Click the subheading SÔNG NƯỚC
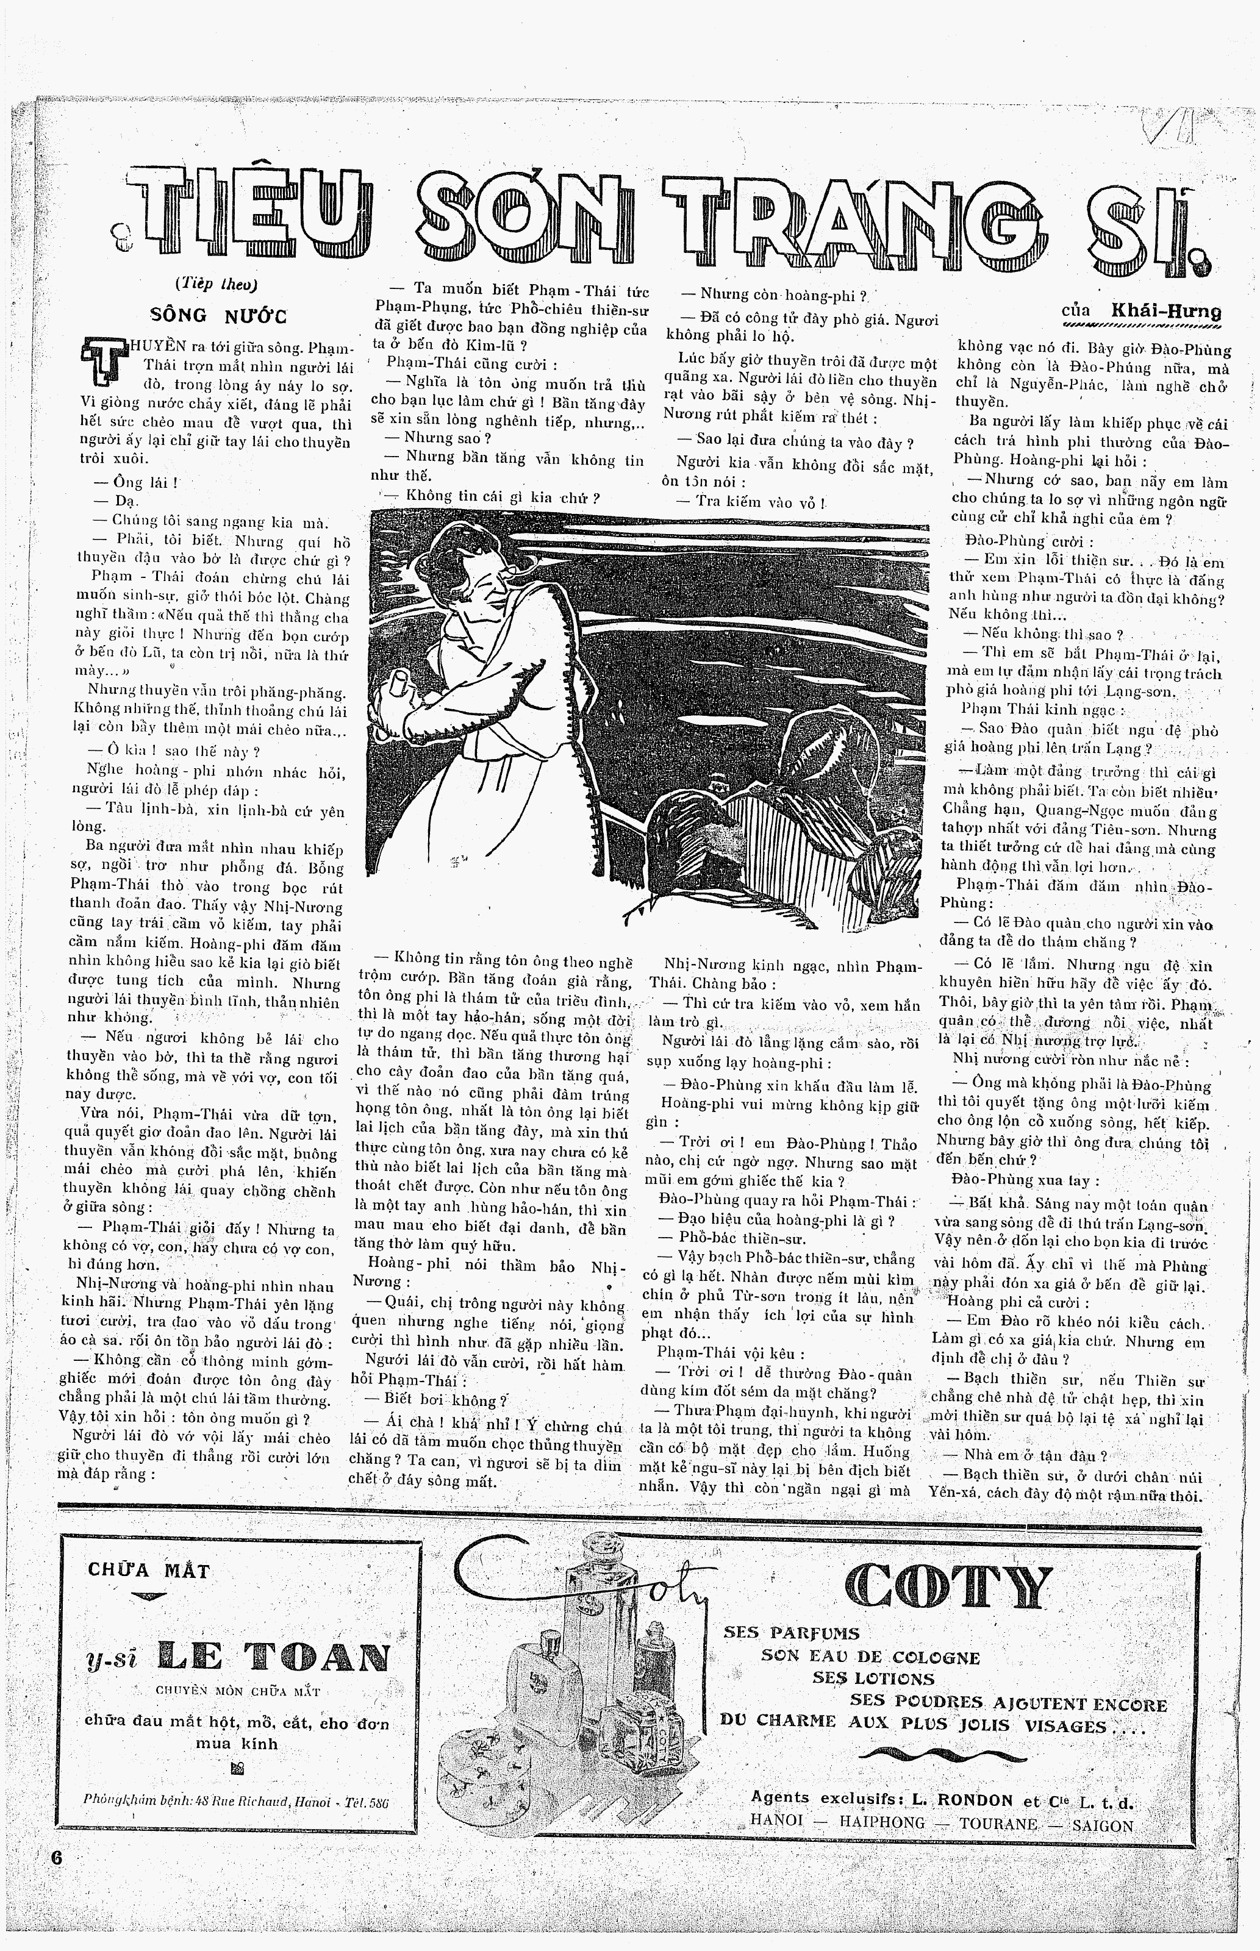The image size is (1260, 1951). click(220, 316)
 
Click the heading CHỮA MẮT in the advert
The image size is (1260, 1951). click(149, 1571)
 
